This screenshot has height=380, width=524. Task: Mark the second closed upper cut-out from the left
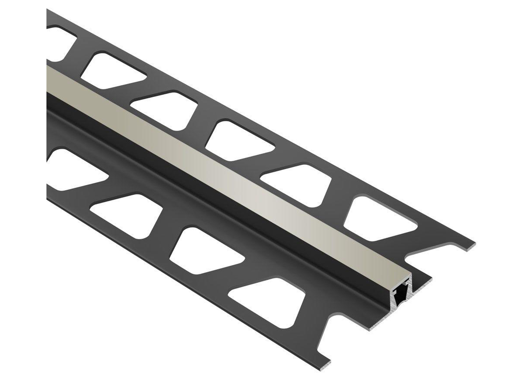[x=164, y=111]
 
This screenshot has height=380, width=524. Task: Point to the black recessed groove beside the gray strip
[x=204, y=187]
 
